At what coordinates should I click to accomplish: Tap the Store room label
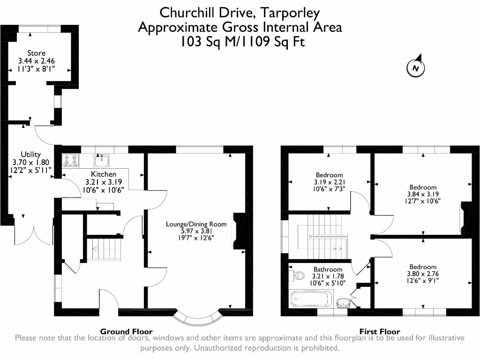pyautogui.click(x=37, y=53)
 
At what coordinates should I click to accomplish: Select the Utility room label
pyautogui.click(x=30, y=154)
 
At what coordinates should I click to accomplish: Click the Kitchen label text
pyautogui.click(x=104, y=174)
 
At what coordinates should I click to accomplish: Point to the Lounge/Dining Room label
pyautogui.click(x=196, y=224)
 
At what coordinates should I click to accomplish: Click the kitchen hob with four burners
pyautogui.click(x=71, y=161)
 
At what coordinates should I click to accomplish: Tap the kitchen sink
pyautogui.click(x=102, y=160)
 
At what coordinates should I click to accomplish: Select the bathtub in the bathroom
pyautogui.click(x=311, y=299)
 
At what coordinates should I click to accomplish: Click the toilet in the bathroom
pyautogui.click(x=296, y=276)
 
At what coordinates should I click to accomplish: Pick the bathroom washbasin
pyautogui.click(x=344, y=303)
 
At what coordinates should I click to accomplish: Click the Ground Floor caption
pyautogui.click(x=127, y=331)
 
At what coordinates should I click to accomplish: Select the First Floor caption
pyautogui.click(x=380, y=331)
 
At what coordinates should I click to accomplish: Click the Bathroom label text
pyautogui.click(x=328, y=270)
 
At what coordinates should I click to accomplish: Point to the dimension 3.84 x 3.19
pyautogui.click(x=423, y=194)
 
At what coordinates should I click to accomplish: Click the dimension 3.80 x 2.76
pyautogui.click(x=423, y=274)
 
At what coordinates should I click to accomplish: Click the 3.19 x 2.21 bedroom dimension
pyautogui.click(x=329, y=182)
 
